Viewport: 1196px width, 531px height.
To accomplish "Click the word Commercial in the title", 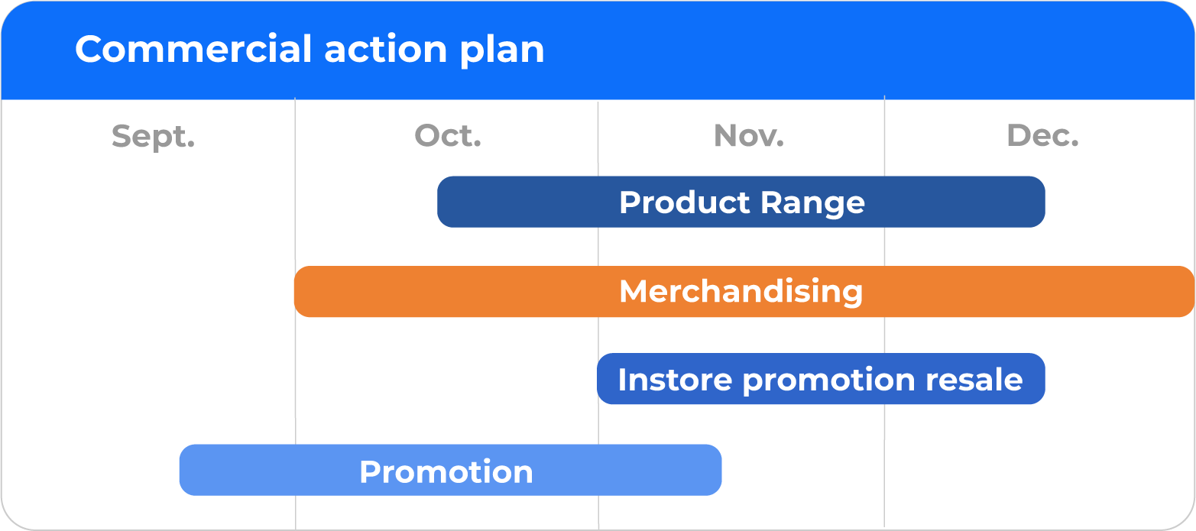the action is pyautogui.click(x=193, y=49).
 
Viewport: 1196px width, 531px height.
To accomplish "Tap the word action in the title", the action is pyautogui.click(x=385, y=50).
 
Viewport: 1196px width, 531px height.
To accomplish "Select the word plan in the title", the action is pyautogui.click(x=502, y=50).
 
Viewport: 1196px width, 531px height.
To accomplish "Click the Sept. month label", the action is pyautogui.click(x=154, y=137).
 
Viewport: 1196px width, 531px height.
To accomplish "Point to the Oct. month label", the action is pyautogui.click(x=448, y=135).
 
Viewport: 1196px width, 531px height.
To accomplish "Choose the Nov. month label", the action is pyautogui.click(x=749, y=135).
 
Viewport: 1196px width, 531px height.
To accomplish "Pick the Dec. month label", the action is pyautogui.click(x=1042, y=135).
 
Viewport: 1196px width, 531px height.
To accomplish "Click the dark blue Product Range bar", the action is pyautogui.click(x=741, y=202).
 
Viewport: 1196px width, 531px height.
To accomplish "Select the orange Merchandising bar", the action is pyautogui.click(x=744, y=291).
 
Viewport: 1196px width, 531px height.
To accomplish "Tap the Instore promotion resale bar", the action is pyautogui.click(x=821, y=379).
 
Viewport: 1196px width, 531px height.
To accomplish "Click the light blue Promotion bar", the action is pyautogui.click(x=451, y=470).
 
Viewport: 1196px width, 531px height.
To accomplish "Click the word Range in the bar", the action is pyautogui.click(x=812, y=204).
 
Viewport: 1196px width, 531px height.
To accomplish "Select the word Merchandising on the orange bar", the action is pyautogui.click(x=741, y=292).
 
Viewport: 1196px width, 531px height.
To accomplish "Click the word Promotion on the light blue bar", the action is pyautogui.click(x=446, y=471).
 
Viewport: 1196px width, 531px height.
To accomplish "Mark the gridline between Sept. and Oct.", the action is pyautogui.click(x=295, y=314).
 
